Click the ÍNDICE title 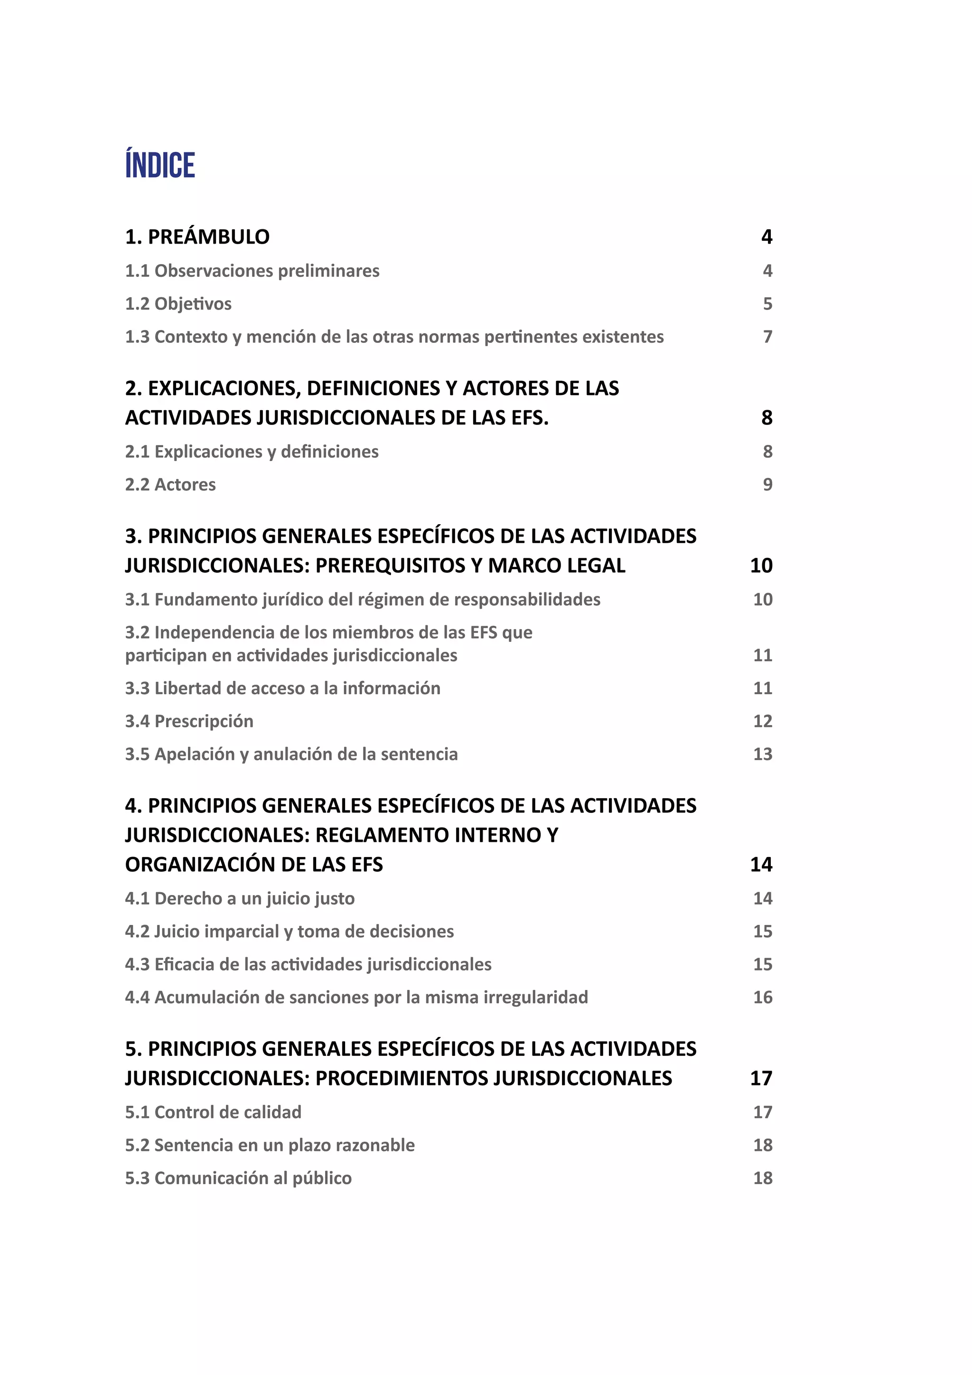pos(160,165)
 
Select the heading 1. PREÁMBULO pos(197,237)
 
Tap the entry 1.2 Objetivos pos(178,304)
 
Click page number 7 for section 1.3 pos(767,337)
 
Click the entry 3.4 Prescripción pos(189,721)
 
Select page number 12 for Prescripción pos(763,721)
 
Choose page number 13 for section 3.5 pos(763,754)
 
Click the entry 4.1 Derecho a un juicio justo pos(239,898)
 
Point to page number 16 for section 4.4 pos(763,997)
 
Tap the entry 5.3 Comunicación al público pos(238,1178)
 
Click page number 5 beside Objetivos pos(767,304)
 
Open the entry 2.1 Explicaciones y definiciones pos(252,452)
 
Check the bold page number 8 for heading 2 pos(766,418)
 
